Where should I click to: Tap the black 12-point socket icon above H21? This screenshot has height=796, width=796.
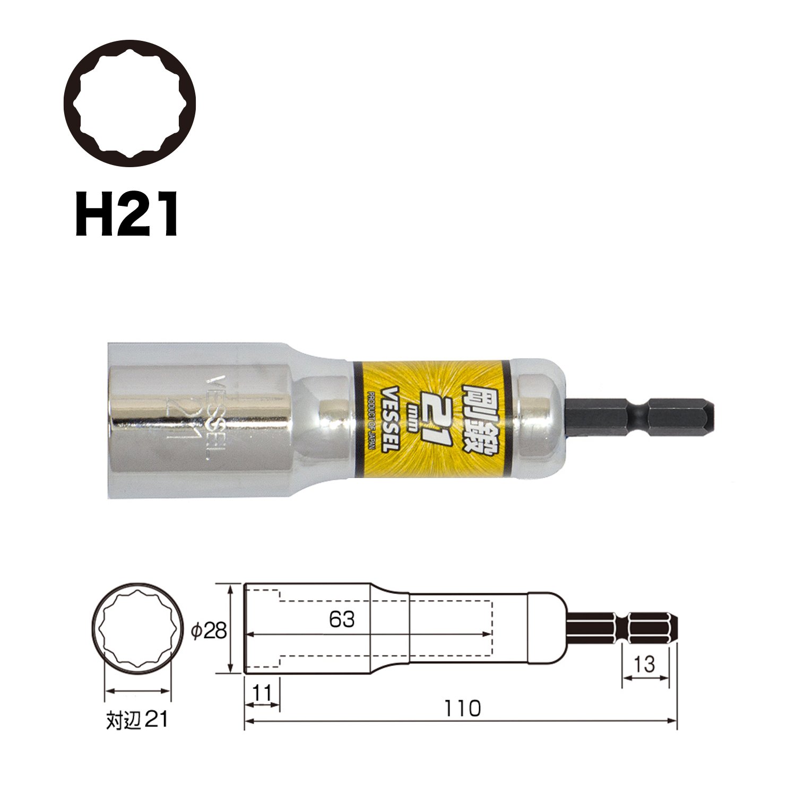130,103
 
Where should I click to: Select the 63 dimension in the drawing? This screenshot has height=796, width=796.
341,619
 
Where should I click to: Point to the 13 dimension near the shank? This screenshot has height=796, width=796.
644,664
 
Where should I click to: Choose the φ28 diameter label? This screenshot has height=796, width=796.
209,630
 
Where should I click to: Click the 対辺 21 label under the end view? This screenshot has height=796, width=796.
137,720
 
